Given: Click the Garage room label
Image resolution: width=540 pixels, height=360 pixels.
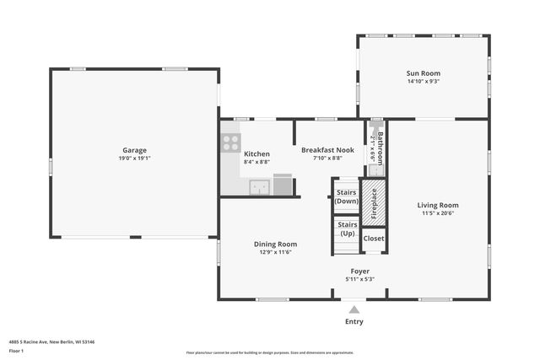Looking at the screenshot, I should [x=134, y=150].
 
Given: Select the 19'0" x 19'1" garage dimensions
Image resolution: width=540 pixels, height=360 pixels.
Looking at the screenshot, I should [x=134, y=158].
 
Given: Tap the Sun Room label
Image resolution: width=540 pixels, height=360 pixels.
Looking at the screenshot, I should [x=423, y=73].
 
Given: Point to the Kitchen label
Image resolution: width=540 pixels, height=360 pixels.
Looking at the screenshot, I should [x=256, y=154].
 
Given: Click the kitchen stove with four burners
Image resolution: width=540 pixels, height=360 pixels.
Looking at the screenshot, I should [x=231, y=142].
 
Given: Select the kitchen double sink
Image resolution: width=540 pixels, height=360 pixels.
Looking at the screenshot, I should [x=260, y=187].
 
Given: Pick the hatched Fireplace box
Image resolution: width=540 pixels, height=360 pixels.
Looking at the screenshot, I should [x=375, y=203].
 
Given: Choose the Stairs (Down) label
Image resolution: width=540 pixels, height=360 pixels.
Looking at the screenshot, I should [x=347, y=196].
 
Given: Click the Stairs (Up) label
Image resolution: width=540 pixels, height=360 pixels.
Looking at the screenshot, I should [x=347, y=228].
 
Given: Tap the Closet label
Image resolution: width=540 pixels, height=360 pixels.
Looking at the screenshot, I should [x=374, y=239].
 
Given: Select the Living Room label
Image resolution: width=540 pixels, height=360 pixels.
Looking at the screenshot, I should [x=438, y=205].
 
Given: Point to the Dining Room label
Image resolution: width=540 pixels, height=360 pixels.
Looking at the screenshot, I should [x=276, y=244].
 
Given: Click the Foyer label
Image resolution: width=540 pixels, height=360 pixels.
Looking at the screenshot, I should [x=359, y=271].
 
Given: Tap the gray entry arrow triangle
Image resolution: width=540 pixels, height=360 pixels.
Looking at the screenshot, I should [x=354, y=309].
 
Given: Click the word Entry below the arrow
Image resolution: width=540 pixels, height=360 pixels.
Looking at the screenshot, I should [x=354, y=322].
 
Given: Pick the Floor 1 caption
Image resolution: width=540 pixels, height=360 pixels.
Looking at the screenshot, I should [x=16, y=350].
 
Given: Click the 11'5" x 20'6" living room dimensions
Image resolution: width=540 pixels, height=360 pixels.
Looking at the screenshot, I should [x=438, y=213].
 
